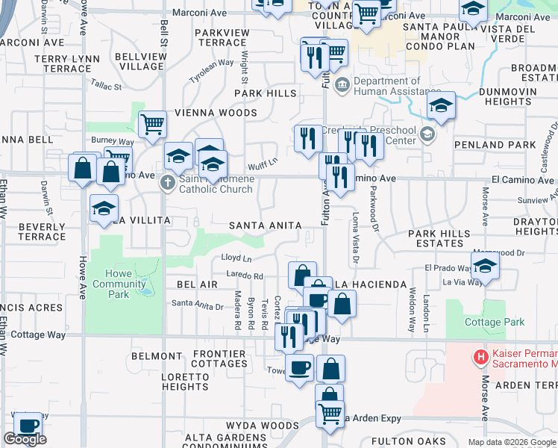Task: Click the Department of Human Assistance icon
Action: click(x=342, y=83)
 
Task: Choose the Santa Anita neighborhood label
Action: click(x=265, y=225)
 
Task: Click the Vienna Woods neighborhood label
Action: click(x=216, y=113)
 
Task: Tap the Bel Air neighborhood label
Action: click(x=197, y=284)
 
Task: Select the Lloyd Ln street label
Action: click(x=236, y=258)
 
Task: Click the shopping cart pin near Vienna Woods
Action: click(x=152, y=124)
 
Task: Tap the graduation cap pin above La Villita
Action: click(x=104, y=208)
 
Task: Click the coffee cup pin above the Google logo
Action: click(x=28, y=426)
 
